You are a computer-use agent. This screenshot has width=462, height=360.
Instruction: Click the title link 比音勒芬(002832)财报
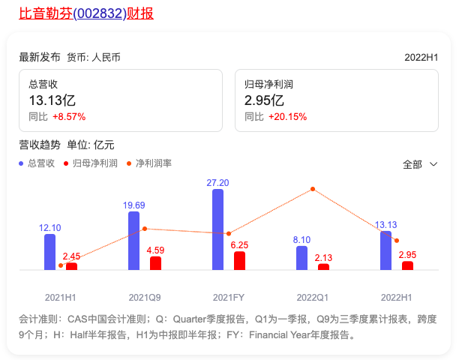tap(86, 13)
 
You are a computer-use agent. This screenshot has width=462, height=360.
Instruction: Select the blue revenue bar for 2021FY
tap(217, 229)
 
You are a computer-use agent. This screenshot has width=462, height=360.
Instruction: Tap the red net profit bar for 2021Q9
tap(155, 262)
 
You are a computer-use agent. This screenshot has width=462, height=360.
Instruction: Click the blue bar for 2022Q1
tap(301, 257)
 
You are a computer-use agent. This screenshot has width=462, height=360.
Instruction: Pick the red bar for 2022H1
tap(407, 265)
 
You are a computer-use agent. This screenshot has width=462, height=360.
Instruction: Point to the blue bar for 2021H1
tap(49, 251)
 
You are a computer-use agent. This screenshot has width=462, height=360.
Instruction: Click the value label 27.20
tap(217, 182)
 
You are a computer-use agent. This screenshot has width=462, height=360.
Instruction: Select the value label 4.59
tap(156, 250)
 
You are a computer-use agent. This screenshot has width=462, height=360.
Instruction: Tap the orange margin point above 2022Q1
tap(313, 188)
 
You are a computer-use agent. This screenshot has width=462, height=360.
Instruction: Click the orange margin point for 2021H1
tap(61, 265)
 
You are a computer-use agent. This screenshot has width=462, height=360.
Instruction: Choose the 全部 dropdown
tap(419, 164)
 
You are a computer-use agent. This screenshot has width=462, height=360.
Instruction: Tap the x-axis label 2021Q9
tap(145, 297)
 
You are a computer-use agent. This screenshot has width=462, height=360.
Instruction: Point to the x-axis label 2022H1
tap(397, 297)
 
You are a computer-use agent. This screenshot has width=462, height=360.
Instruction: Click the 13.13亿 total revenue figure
tap(52, 100)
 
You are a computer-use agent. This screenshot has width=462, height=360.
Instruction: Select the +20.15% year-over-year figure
tap(287, 117)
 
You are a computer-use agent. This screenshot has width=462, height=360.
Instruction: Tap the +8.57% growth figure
tap(69, 117)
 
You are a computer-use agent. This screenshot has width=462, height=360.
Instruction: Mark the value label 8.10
tap(301, 239)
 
